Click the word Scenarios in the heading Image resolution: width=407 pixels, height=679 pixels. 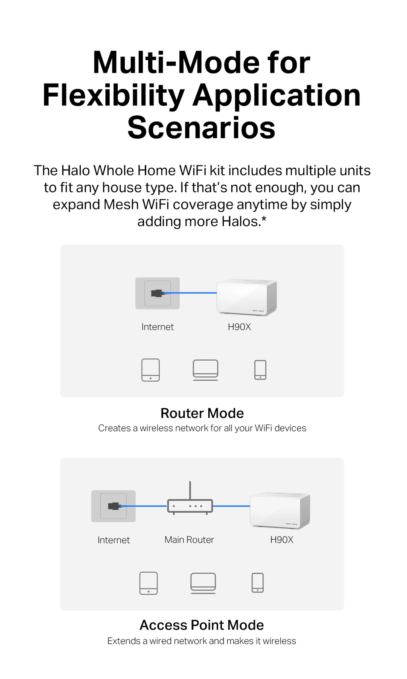pyautogui.click(x=201, y=128)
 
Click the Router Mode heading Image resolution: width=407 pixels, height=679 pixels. pyautogui.click(x=202, y=413)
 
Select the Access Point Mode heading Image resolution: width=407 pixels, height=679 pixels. pyautogui.click(x=202, y=625)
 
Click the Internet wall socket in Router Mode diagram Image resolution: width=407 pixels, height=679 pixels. pyautogui.click(x=157, y=293)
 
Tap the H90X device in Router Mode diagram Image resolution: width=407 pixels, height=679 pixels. pyautogui.click(x=246, y=297)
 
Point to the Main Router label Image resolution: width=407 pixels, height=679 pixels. pyautogui.click(x=189, y=540)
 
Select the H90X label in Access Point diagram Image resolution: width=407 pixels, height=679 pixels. pyautogui.click(x=281, y=540)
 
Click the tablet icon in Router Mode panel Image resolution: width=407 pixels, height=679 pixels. pyautogui.click(x=151, y=370)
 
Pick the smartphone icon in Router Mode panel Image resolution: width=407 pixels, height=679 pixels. pyautogui.click(x=260, y=370)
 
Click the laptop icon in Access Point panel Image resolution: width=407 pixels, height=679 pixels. pyautogui.click(x=203, y=583)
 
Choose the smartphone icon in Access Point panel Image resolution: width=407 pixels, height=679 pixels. pyautogui.click(x=258, y=583)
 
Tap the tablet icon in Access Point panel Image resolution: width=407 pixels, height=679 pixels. pyautogui.click(x=149, y=583)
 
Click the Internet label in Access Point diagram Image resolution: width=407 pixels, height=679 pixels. pyautogui.click(x=114, y=540)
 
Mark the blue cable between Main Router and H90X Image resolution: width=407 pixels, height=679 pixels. pyautogui.click(x=231, y=506)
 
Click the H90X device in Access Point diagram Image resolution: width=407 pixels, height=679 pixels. pyautogui.click(x=280, y=510)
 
